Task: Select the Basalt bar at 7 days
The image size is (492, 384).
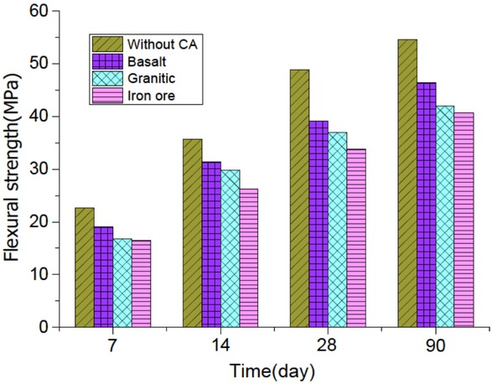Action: coord(103,276)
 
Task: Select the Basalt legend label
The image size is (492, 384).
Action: coord(146,60)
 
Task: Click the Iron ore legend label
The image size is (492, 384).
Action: coord(149,96)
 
